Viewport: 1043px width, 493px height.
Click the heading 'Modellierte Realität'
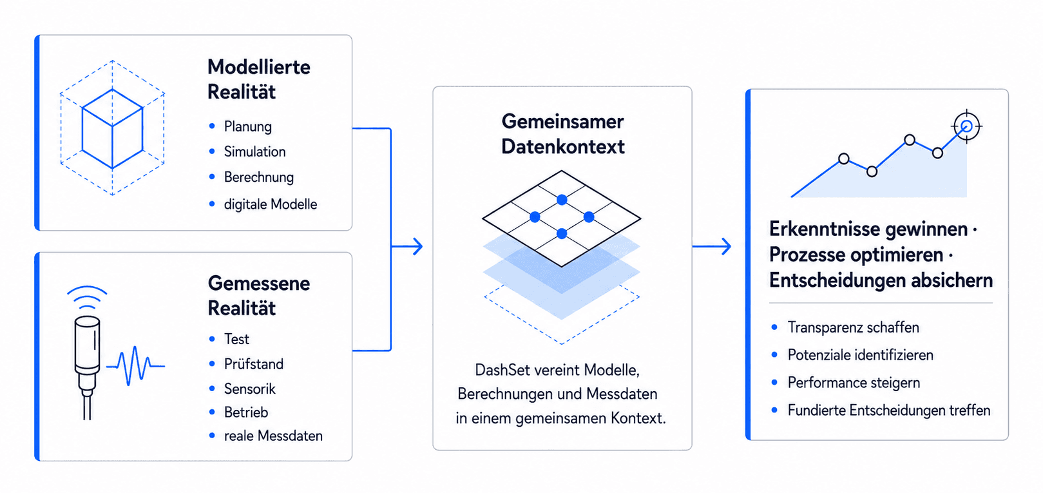259,79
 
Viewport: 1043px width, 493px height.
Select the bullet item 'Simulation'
254,152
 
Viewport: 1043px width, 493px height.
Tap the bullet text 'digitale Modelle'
271,204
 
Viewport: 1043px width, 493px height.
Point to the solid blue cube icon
112,129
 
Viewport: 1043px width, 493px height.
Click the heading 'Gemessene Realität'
259,295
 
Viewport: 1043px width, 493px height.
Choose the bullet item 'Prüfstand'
254,364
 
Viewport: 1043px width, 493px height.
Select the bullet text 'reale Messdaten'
273,436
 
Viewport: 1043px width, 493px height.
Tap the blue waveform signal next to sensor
135,366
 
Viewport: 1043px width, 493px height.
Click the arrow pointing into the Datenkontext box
407,246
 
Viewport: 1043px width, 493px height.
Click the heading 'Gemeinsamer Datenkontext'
563,134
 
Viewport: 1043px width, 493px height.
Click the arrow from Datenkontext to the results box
711,246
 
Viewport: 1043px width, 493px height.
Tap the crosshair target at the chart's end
966,126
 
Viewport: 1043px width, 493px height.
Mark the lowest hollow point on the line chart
872,171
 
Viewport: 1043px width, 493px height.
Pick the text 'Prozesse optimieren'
856,255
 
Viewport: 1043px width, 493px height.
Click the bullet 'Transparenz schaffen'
854,327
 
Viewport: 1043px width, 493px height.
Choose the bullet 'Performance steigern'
854,383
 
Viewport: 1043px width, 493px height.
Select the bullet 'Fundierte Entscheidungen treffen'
889,410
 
